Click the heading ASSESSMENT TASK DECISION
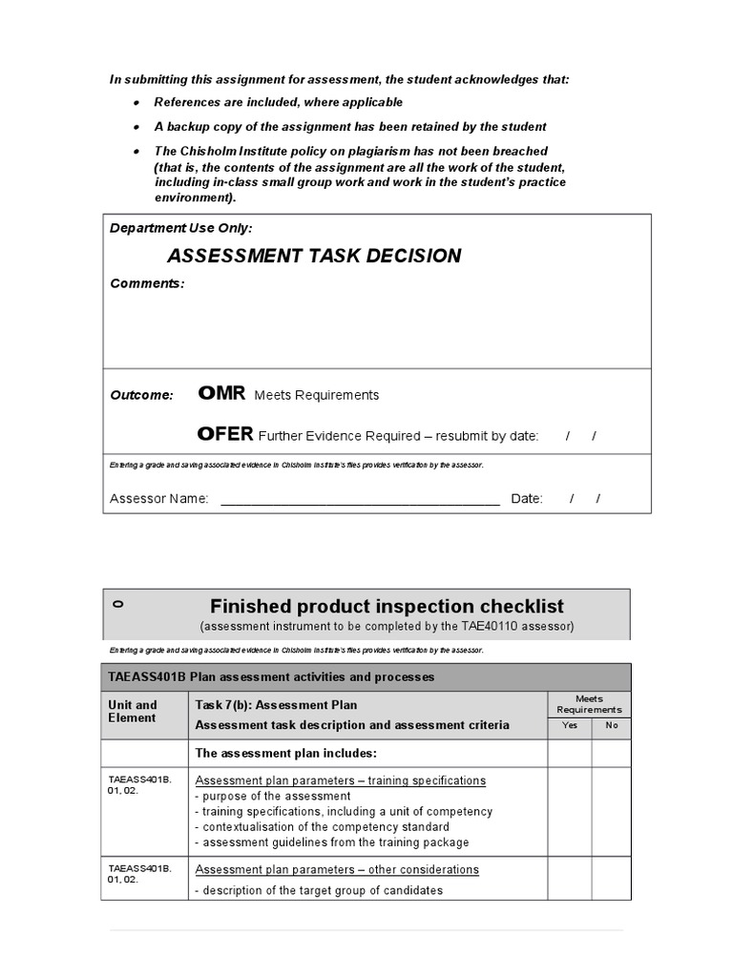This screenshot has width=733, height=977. click(314, 256)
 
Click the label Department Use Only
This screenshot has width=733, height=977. click(181, 229)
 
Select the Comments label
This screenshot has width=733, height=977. click(147, 283)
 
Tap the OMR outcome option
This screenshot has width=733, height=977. click(221, 393)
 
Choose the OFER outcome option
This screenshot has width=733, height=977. click(225, 434)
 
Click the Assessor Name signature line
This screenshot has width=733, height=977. click(360, 499)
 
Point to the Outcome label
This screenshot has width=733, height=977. click(142, 395)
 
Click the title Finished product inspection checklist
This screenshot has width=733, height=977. click(387, 606)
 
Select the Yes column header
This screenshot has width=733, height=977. click(570, 725)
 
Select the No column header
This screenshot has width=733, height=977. click(612, 725)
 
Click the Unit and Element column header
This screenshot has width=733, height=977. click(134, 712)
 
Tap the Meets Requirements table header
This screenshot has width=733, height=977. click(589, 704)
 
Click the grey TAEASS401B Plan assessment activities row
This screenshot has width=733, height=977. click(366, 677)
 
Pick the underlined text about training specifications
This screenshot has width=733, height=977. click(341, 780)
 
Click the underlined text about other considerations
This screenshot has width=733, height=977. click(337, 869)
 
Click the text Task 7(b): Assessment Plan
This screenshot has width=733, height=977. click(276, 705)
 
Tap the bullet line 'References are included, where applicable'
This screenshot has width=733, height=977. click(279, 102)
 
